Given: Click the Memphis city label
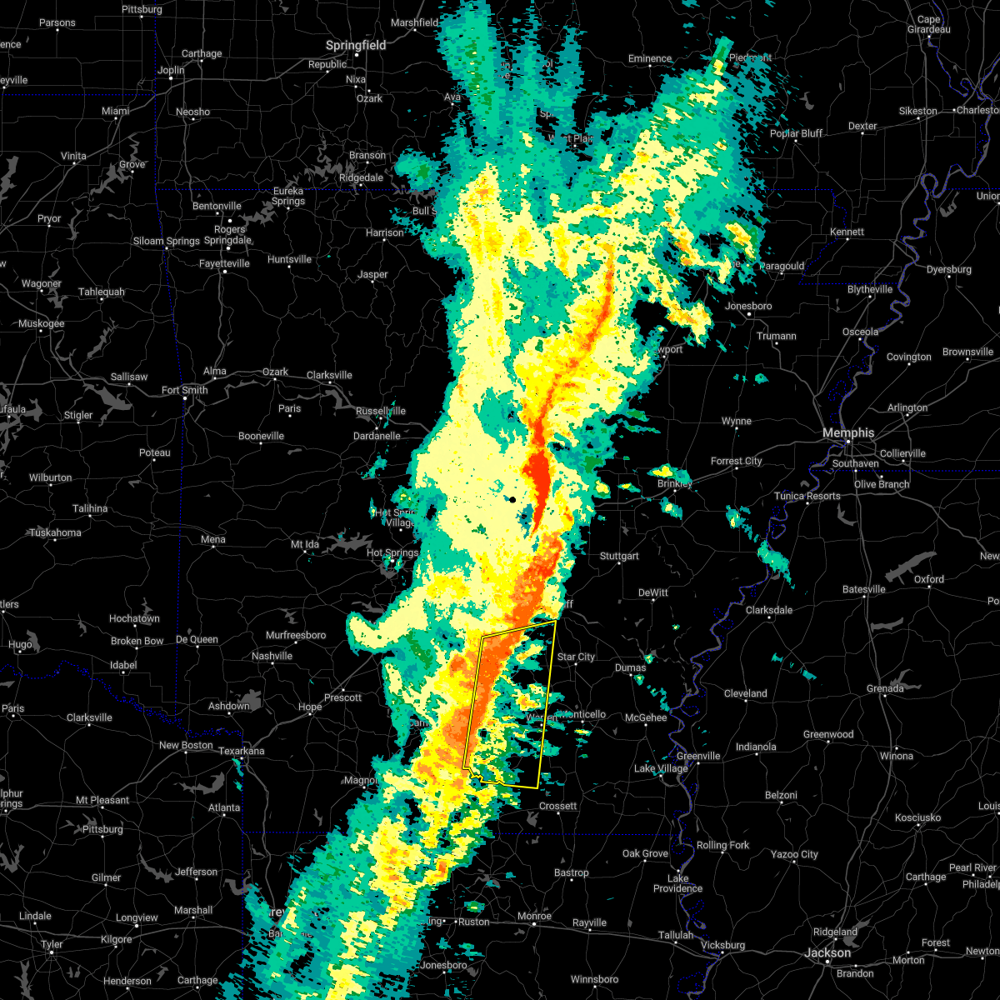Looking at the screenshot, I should point(848,432).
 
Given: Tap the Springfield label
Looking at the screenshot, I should point(356,45).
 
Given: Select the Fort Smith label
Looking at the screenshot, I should point(184,390).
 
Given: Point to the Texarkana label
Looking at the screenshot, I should point(241,751).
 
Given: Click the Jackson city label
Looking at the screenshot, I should point(828,952).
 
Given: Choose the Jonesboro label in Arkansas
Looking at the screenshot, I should point(748,306).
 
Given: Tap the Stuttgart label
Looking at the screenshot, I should point(619,556).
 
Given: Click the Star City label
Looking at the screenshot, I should point(576,657).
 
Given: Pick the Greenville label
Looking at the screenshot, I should point(698,756).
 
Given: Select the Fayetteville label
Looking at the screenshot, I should point(224,263).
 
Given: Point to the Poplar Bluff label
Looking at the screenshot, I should point(796,133).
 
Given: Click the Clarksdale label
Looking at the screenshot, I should point(769,610).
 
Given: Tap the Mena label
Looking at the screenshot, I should point(212,539).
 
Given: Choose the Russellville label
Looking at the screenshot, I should point(380,411).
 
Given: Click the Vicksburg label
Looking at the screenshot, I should point(722,945).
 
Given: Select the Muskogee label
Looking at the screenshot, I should point(42,323).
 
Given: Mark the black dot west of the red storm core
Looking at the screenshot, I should point(512,499).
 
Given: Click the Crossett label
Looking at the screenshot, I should point(557,806).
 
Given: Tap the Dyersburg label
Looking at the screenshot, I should point(948,269).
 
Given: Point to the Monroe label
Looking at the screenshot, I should point(534,916).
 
